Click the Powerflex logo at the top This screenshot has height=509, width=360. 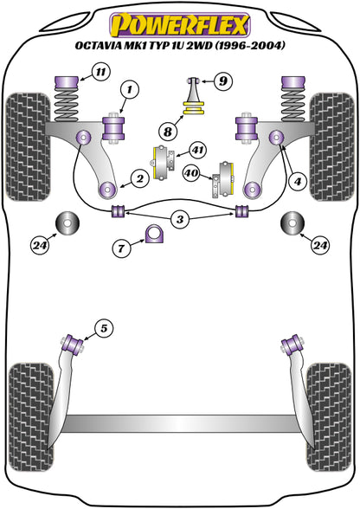[179, 21]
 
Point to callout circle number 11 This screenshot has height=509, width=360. [103, 74]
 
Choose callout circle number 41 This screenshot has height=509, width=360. [197, 151]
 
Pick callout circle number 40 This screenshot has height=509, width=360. [191, 173]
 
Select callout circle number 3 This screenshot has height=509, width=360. [178, 220]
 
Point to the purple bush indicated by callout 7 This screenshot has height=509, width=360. [156, 235]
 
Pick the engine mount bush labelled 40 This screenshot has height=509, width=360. [228, 176]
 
